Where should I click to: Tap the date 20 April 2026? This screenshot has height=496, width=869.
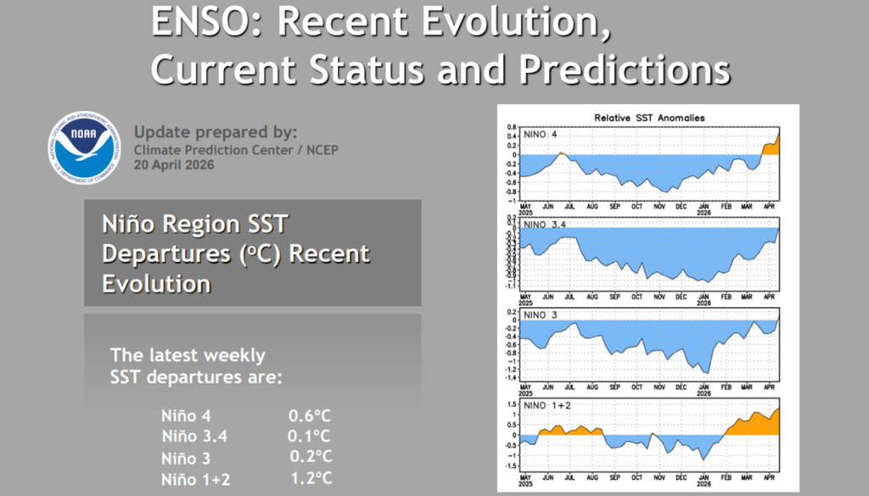pyautogui.click(x=174, y=165)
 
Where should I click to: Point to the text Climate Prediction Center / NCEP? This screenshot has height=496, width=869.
pyautogui.click(x=212, y=149)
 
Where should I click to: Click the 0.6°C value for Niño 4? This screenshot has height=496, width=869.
pyautogui.click(x=309, y=416)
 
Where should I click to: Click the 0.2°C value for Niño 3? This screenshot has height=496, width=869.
pyautogui.click(x=311, y=457)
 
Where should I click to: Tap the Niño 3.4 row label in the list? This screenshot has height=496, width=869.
pyautogui.click(x=194, y=437)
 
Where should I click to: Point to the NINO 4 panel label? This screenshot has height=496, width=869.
pyautogui.click(x=539, y=134)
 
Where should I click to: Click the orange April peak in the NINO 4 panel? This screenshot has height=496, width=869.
pyautogui.click(x=774, y=146)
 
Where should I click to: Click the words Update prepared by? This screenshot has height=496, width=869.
pyautogui.click(x=216, y=132)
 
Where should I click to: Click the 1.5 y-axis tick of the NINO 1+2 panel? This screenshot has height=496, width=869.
pyautogui.click(x=512, y=404)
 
